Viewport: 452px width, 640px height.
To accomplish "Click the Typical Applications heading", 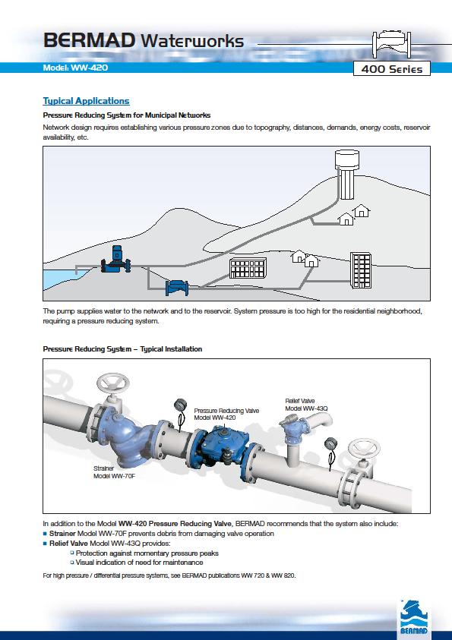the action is click(86, 101).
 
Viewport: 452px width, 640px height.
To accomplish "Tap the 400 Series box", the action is click(391, 68).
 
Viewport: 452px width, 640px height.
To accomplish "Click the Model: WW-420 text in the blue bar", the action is click(75, 68).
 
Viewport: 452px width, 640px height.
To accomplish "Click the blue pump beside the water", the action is click(116, 260).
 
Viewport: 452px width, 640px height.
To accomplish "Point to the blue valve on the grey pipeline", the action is click(177, 288).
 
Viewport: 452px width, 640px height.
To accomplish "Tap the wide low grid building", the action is click(248, 268).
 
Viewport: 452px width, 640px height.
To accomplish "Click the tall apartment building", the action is click(361, 270).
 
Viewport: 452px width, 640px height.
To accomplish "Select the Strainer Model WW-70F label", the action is click(114, 472).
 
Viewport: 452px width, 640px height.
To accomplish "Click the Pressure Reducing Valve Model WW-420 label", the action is click(226, 414).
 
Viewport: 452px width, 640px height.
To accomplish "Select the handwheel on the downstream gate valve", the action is click(364, 449).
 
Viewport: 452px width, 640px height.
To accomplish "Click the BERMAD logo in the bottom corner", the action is click(414, 617).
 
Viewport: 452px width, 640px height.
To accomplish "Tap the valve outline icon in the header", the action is click(391, 45).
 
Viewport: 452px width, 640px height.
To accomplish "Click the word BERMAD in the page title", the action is click(89, 41).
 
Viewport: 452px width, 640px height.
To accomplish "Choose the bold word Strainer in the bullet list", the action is click(62, 534).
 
